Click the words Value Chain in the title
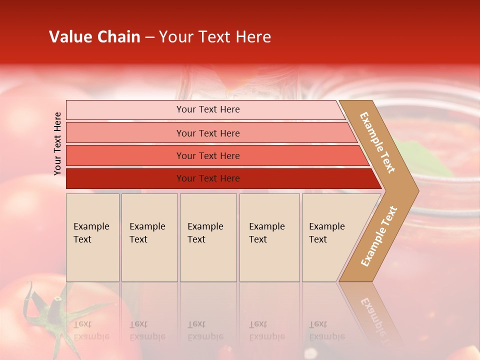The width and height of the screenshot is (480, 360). click(x=94, y=37)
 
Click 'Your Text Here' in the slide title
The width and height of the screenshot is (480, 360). click(x=215, y=37)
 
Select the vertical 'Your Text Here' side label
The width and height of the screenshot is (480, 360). click(x=57, y=143)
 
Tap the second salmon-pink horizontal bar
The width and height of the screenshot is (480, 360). click(x=125, y=133)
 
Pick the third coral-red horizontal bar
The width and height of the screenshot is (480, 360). click(x=125, y=155)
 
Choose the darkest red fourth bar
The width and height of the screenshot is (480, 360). click(x=125, y=178)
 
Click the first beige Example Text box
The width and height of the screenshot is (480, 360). click(x=92, y=237)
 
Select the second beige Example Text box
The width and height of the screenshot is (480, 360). click(x=149, y=237)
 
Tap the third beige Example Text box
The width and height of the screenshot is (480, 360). click(x=208, y=237)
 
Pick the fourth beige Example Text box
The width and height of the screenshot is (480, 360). click(x=269, y=237)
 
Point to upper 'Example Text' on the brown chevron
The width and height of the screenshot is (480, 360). click(x=377, y=142)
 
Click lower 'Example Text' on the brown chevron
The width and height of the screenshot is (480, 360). click(x=379, y=236)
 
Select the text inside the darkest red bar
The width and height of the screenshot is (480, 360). click(x=208, y=178)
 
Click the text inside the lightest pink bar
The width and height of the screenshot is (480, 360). click(x=208, y=109)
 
